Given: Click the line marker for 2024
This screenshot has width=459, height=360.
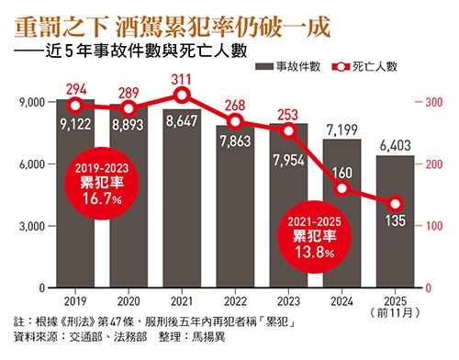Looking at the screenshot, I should coord(341,189).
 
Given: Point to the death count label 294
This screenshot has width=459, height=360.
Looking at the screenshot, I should coord(74,89).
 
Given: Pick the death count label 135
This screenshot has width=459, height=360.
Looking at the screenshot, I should coord(395,220).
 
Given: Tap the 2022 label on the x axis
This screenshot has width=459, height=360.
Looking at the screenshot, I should coord(235,299).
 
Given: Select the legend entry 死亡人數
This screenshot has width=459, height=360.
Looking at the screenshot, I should coord(378,66).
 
